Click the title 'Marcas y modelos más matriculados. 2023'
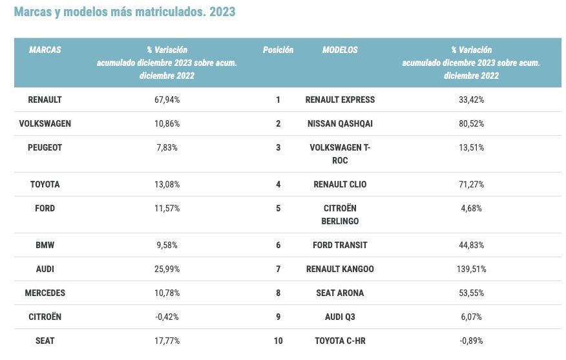125,12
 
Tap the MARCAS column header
45,50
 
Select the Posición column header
278,50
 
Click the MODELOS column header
340,50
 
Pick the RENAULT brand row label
45,100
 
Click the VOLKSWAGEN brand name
45,123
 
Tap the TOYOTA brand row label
45,184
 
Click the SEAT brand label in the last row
45,341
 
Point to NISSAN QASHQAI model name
340,123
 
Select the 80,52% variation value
471,123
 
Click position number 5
278,208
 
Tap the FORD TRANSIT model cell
340,245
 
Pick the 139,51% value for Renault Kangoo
471,269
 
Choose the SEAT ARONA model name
340,293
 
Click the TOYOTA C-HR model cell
340,341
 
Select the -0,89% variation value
471,341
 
